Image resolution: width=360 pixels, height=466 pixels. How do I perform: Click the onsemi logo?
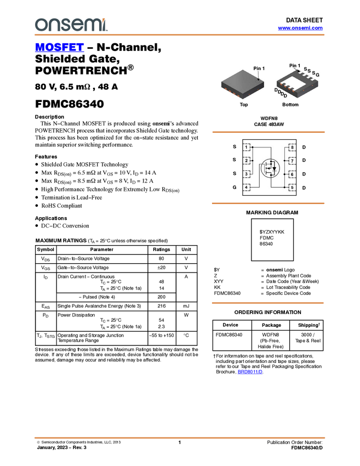71,24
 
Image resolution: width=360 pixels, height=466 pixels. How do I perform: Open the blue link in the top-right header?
300,28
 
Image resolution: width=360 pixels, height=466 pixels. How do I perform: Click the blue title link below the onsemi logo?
59,47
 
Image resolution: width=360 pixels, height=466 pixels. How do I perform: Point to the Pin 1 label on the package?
259,68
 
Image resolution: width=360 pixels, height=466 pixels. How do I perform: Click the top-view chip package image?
242,84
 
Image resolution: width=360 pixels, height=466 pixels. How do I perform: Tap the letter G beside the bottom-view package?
318,75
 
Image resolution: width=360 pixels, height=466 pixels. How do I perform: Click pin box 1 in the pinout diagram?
247,147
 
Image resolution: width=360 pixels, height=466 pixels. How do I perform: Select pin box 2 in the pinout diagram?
247,161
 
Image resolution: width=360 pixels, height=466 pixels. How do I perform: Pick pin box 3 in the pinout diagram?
247,174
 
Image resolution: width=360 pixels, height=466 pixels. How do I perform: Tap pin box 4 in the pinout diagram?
247,187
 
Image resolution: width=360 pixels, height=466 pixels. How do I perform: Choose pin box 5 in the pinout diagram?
292,187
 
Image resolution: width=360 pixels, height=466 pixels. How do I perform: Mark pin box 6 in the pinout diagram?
292,174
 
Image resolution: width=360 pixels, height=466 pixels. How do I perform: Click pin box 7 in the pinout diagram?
292,161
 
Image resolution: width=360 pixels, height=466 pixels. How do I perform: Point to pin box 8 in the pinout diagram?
292,147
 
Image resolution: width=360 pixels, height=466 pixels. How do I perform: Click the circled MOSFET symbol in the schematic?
270,167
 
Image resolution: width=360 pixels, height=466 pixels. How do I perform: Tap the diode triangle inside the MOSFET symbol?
274,168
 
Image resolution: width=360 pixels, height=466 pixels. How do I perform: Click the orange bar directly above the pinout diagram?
268,132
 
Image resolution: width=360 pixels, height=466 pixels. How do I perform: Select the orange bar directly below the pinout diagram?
268,203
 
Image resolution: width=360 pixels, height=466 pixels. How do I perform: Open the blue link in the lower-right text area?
250,372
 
